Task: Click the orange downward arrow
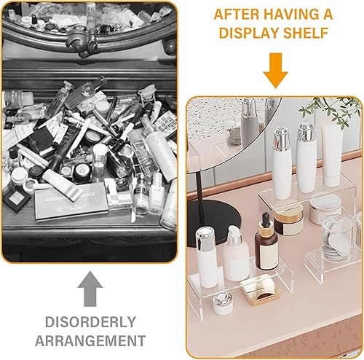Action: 276,71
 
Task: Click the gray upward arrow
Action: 90,289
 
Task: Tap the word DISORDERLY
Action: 90,322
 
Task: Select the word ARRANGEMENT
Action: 90,340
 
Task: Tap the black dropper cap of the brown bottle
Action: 266,218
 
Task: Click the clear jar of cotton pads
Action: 337,237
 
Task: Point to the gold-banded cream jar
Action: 288,221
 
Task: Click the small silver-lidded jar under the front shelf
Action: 223,304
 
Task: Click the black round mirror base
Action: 214,221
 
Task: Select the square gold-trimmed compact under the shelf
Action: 260,290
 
